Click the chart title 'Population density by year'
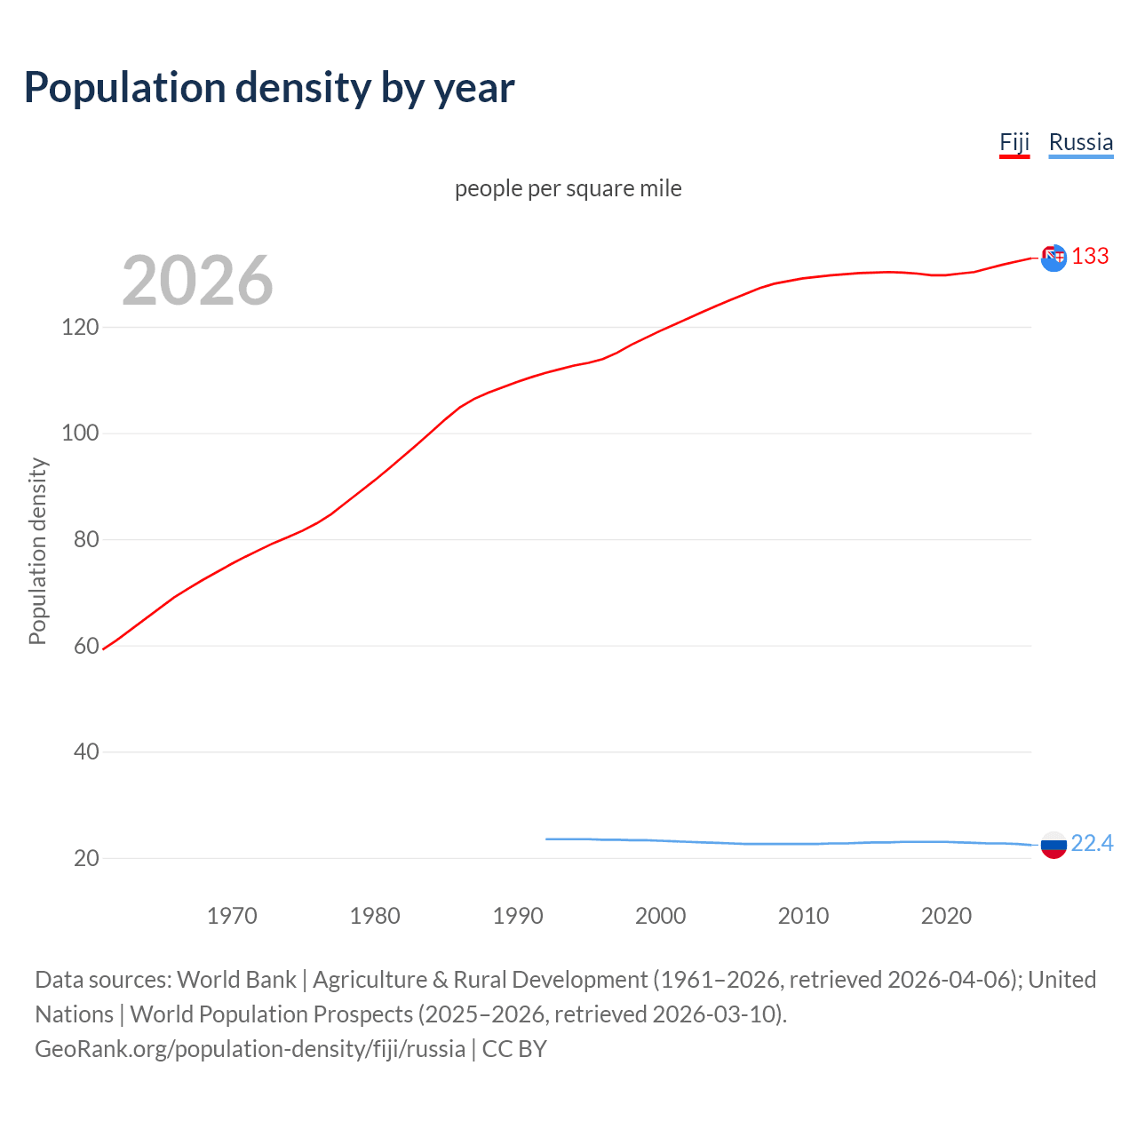[269, 88]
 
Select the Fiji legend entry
[1014, 142]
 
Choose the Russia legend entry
[1080, 142]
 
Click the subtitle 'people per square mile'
[568, 188]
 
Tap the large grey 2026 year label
[197, 281]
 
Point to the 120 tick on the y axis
[80, 328]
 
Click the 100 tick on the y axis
[80, 433]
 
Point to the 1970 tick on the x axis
[232, 916]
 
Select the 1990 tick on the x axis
[518, 916]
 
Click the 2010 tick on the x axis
[803, 916]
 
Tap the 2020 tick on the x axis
[946, 916]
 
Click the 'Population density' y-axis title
[37, 551]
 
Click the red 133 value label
[1090, 257]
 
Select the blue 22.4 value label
[1092, 843]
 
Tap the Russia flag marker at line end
[1054, 846]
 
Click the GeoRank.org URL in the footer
[250, 1049]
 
